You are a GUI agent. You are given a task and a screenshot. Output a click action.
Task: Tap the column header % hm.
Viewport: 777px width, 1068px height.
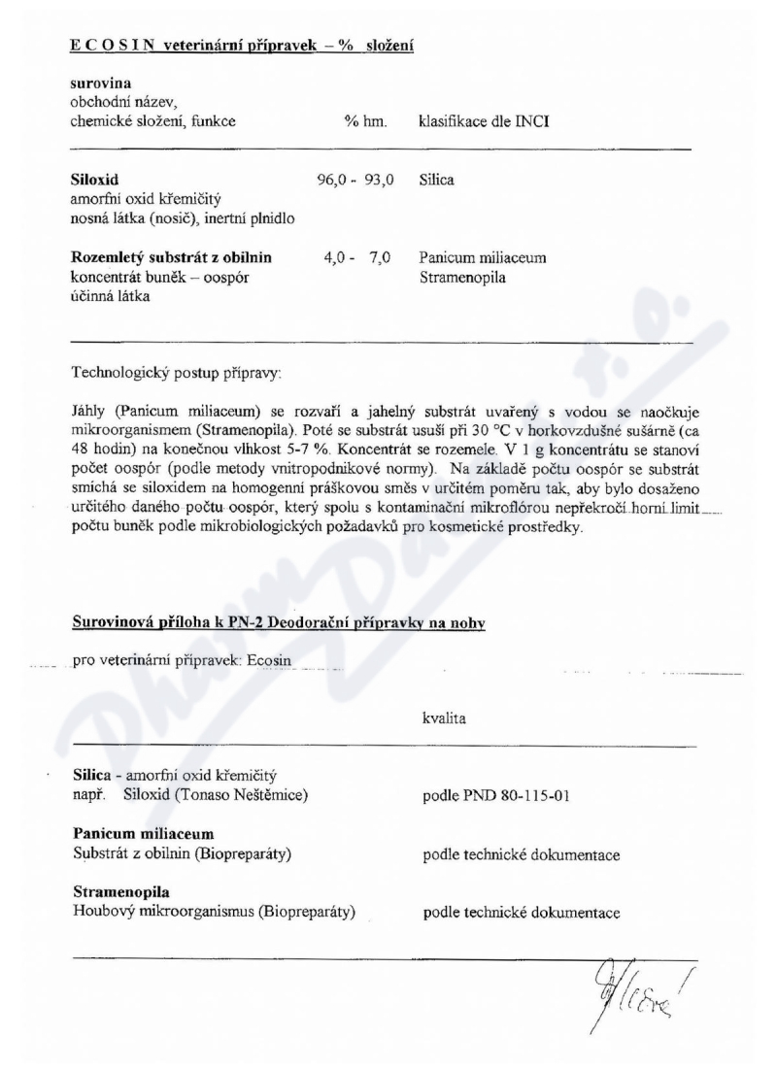[x=365, y=121]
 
